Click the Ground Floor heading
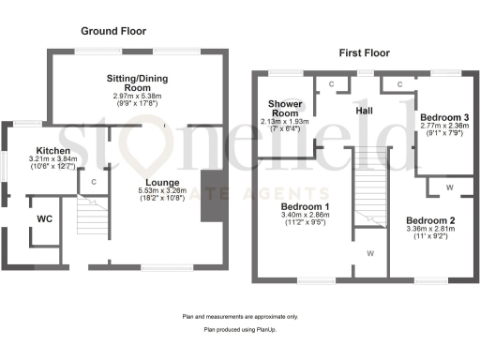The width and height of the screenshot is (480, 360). [113, 30]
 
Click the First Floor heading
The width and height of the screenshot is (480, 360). [365, 53]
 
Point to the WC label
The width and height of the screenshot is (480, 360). [44, 219]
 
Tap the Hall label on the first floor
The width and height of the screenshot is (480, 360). [366, 111]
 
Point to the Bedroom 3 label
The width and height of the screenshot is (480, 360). [444, 117]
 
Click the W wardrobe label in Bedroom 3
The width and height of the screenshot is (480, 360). [451, 187]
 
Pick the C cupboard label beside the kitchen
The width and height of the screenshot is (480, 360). [94, 181]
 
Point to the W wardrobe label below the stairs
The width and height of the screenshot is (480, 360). [371, 253]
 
